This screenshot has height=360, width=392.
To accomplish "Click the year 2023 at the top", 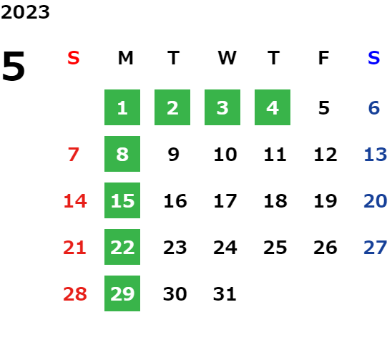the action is point(25,12).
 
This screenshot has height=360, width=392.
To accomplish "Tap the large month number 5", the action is point(14,66).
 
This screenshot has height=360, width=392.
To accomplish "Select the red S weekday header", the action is point(74,58).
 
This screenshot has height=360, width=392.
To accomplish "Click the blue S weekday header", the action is point(373,58).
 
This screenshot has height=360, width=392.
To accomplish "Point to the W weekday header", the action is point(227,58).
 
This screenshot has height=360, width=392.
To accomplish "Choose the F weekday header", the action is point(323,58).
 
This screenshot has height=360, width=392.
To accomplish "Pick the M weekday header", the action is point(125,58).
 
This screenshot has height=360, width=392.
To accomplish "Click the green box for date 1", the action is point(122,107).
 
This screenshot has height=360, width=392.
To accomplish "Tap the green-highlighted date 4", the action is point(273,107).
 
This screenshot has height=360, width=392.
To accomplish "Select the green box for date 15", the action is point(122,200).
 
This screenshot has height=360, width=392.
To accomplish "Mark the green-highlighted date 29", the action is point(122,293).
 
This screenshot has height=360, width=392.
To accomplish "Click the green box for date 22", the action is point(122,247).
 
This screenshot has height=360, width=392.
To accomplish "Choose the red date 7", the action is point(74,155).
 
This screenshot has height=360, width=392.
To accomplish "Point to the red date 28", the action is point(75,294).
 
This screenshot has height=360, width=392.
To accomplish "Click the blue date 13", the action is point(376,155).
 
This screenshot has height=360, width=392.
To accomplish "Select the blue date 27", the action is point(376,248).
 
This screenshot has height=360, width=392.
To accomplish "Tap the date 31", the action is point(225,294).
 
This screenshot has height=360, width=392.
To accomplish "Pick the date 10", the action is point(225,155).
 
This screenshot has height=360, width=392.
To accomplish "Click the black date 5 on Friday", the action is point(324,108).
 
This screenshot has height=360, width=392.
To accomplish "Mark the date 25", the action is point(275,248).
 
